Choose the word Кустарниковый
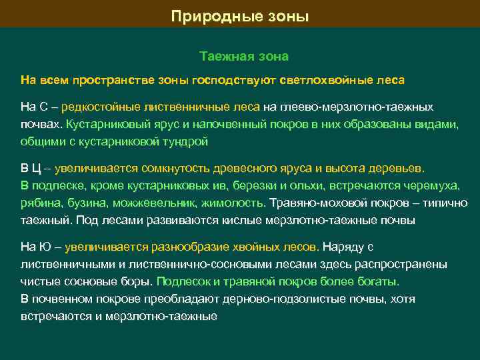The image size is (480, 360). coord(103,124)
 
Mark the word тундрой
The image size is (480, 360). coord(190,141)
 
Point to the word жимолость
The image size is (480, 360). coord(236,203)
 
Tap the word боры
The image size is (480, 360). coord(137,281)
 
